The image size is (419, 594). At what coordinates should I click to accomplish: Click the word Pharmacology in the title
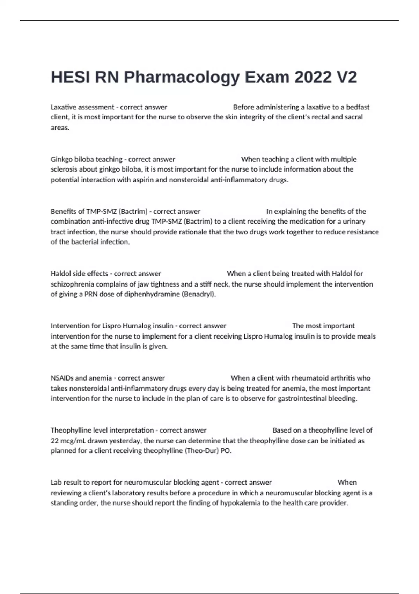click(182, 77)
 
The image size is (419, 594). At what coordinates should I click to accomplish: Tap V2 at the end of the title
click(346, 77)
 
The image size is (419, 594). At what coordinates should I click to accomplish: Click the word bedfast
click(358, 107)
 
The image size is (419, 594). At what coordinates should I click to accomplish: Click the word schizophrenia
click(72, 284)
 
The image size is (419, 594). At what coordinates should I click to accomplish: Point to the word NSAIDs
click(62, 378)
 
